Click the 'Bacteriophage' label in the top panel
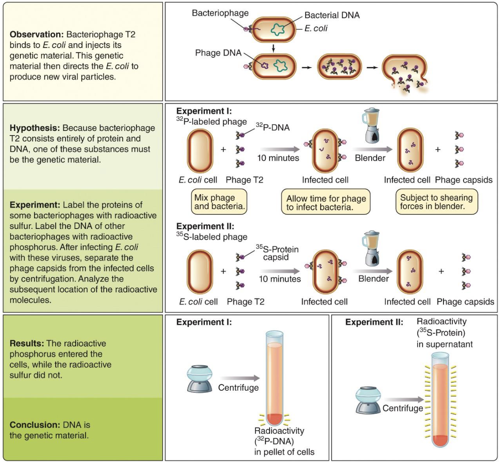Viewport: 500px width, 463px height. (x=220, y=13)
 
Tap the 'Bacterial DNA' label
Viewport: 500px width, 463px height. (x=332, y=15)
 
